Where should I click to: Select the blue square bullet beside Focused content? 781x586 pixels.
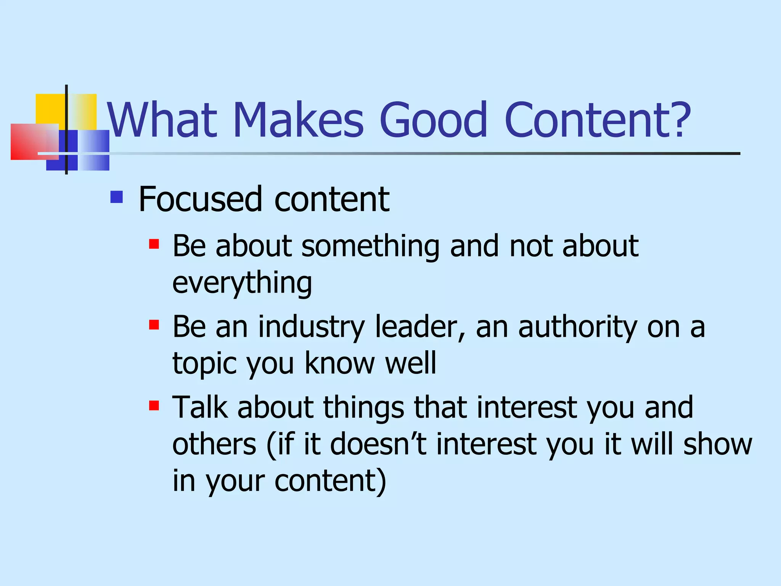(x=116, y=197)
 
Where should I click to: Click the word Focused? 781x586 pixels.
(x=200, y=199)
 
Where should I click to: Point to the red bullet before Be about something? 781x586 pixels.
(x=154, y=244)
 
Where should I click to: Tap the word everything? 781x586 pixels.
(x=242, y=283)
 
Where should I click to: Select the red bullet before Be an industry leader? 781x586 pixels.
(x=154, y=325)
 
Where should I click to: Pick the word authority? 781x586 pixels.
(x=577, y=327)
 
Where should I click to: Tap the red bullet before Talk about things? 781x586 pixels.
(x=154, y=405)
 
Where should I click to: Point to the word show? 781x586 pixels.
(x=717, y=444)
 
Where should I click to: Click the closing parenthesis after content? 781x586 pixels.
(x=381, y=481)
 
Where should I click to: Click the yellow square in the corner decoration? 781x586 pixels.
(x=50, y=108)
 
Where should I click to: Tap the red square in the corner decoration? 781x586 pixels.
(x=29, y=142)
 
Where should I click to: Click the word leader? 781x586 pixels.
(x=420, y=327)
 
